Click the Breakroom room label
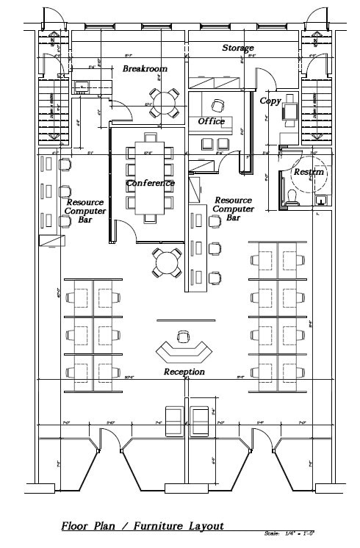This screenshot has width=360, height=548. coord(145,68)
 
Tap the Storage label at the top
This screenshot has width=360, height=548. coord(238,48)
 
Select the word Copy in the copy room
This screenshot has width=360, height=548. coord(270,100)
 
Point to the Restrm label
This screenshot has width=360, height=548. coord(309,172)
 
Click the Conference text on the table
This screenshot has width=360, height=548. coord(151,183)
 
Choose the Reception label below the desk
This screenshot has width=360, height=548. coord(184,372)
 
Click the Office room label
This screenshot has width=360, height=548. coord(212,121)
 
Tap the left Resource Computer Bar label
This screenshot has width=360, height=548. coord(86,211)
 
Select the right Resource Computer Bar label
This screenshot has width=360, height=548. coord(233,209)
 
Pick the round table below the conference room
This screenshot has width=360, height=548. coord(167,262)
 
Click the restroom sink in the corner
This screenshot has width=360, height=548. coord(321,198)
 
